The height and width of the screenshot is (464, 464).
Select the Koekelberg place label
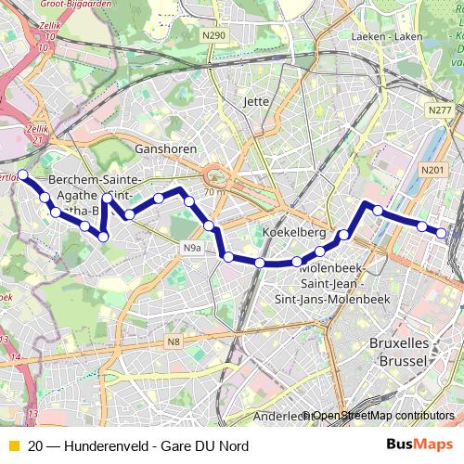(x=291, y=231)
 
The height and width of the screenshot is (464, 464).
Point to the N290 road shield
(x=214, y=35)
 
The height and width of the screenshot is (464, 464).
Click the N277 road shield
(x=440, y=110)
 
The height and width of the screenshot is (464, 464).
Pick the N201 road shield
(x=432, y=170)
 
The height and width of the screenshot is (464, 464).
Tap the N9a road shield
(x=191, y=248)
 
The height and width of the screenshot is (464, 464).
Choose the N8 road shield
(x=174, y=343)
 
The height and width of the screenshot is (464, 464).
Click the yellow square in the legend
(x=12, y=446)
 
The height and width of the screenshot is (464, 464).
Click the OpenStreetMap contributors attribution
(x=381, y=415)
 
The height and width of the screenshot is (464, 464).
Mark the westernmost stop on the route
(x=22, y=174)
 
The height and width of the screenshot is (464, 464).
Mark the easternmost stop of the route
(x=443, y=234)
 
